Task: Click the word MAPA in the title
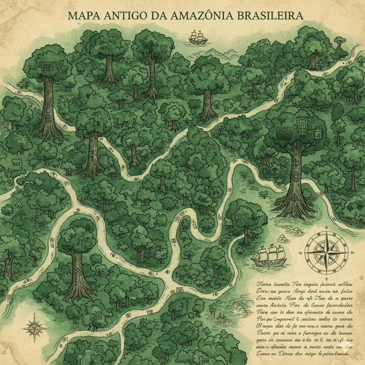pyautogui.click(x=83, y=16)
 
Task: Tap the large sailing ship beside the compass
pyautogui.click(x=269, y=256)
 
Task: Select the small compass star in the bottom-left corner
pyautogui.click(x=34, y=327)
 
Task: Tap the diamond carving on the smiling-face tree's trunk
pyautogui.click(x=295, y=175)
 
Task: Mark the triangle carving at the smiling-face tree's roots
pyautogui.click(x=294, y=198)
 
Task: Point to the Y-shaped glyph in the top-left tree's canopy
pyautogui.click(x=57, y=65)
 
